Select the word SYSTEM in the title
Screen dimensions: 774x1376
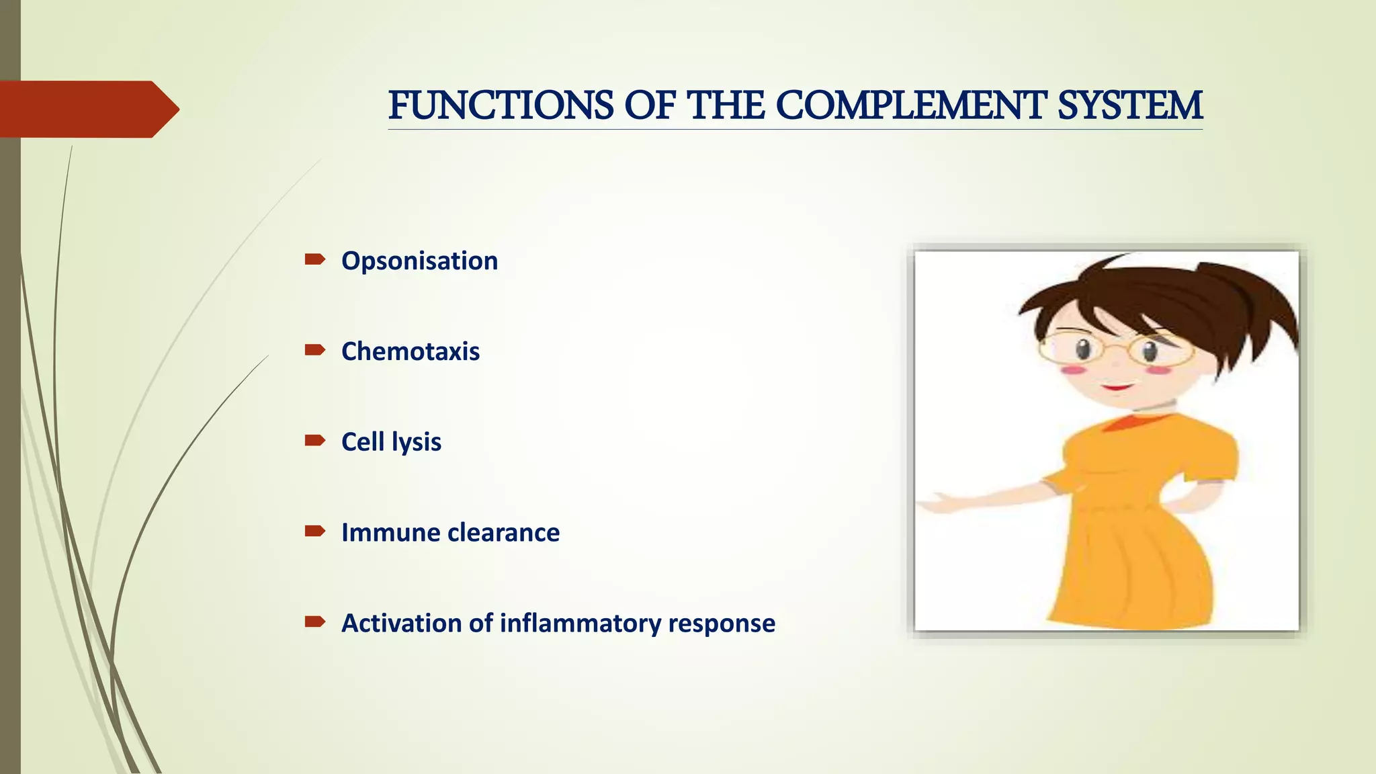[1129, 106]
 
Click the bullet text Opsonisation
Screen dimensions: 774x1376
[419, 261]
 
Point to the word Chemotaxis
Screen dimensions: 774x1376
[410, 351]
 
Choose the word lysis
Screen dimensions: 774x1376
[417, 442]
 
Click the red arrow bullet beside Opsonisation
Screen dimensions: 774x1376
[314, 259]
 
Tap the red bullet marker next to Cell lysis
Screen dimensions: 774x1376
[314, 441]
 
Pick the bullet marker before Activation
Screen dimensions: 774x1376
[314, 622]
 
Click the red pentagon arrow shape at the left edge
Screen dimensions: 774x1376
[87, 109]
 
